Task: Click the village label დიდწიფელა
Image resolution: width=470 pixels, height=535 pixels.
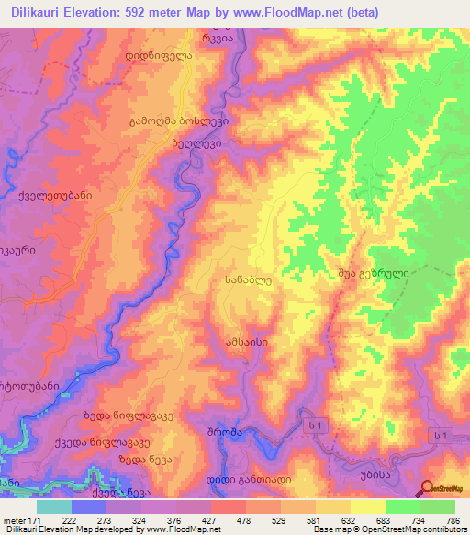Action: (158, 54)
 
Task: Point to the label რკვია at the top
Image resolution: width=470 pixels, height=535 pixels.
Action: (218, 39)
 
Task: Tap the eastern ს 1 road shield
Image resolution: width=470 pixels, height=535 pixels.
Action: (442, 435)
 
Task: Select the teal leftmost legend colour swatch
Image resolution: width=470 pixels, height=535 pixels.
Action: (54, 507)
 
